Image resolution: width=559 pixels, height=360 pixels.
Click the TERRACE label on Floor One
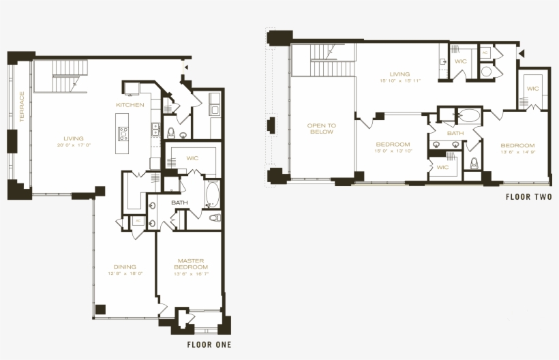click(22, 107)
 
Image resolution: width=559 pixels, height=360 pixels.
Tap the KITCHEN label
click(130, 105)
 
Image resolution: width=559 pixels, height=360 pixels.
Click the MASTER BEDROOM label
click(192, 263)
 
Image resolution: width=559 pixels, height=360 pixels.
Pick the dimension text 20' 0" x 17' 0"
click(74, 145)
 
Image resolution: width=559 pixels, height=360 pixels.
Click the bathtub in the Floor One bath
click(211, 194)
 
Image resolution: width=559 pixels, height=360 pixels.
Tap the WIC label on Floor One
click(192, 158)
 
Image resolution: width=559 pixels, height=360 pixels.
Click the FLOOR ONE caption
click(209, 345)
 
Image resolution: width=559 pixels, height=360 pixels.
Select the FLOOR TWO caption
click(528, 197)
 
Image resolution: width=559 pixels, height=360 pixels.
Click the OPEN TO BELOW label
click(321, 129)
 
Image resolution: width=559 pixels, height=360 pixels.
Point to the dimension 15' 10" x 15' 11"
click(399, 81)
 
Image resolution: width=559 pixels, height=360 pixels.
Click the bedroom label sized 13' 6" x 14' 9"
click(517, 145)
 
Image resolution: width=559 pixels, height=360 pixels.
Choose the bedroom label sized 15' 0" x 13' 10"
click(393, 144)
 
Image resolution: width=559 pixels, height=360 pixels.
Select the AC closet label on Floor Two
click(485, 52)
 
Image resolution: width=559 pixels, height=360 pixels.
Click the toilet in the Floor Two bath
click(474, 162)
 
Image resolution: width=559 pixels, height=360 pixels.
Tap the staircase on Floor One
click(61, 76)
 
